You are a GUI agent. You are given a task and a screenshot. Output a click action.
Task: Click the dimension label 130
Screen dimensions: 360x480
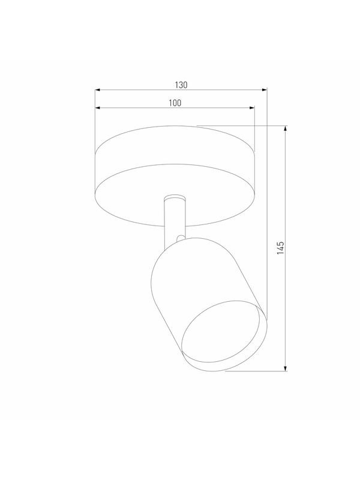click(181, 85)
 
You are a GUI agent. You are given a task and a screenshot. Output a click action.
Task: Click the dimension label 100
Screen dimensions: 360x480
click(175, 103)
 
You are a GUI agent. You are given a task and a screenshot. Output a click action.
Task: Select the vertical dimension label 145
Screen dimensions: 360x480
click(280, 248)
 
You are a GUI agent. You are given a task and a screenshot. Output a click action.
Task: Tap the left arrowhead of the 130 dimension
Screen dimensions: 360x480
click(98, 90)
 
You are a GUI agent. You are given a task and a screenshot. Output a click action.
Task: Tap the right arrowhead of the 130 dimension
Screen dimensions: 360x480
click(265, 90)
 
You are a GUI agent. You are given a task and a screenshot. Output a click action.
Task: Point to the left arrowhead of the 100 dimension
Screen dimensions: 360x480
click(98, 108)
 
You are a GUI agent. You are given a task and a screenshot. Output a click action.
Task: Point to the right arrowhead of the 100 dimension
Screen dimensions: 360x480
click(252, 108)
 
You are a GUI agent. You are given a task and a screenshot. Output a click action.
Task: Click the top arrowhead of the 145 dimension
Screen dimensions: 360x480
click(286, 128)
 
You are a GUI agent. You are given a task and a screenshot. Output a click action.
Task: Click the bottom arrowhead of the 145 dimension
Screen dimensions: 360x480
click(286, 368)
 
